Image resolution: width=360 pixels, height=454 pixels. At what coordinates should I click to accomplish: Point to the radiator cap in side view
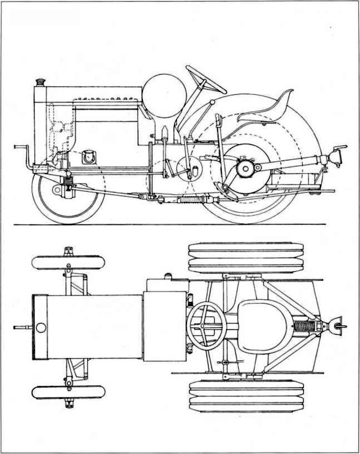[41, 83]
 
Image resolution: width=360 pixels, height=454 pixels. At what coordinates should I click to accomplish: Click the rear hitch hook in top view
[338, 325]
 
